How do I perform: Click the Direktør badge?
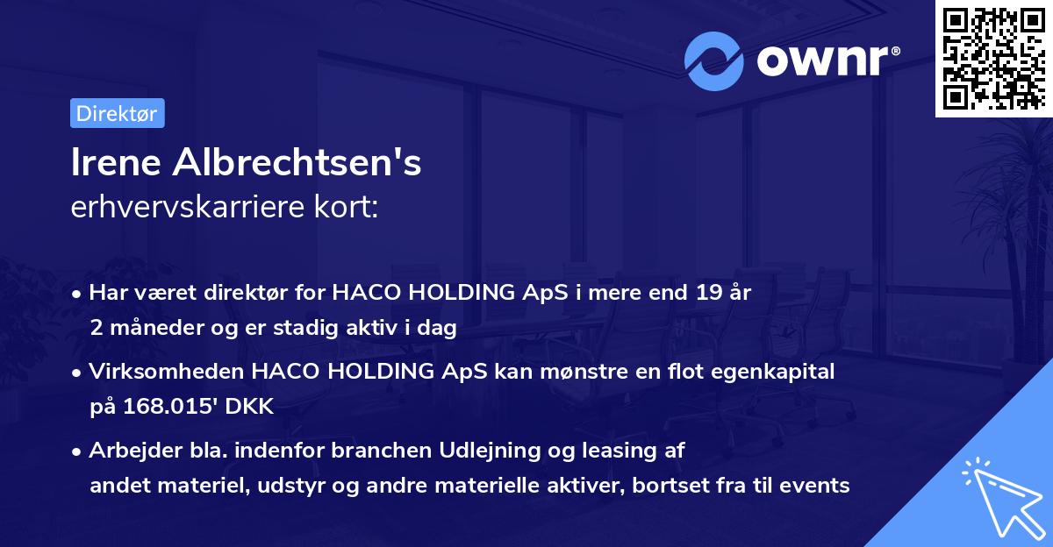(x=117, y=113)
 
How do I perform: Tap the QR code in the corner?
(x=993, y=59)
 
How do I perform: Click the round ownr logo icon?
(x=714, y=61)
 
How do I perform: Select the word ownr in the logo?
(x=826, y=60)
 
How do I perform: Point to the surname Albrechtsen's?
(x=298, y=163)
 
